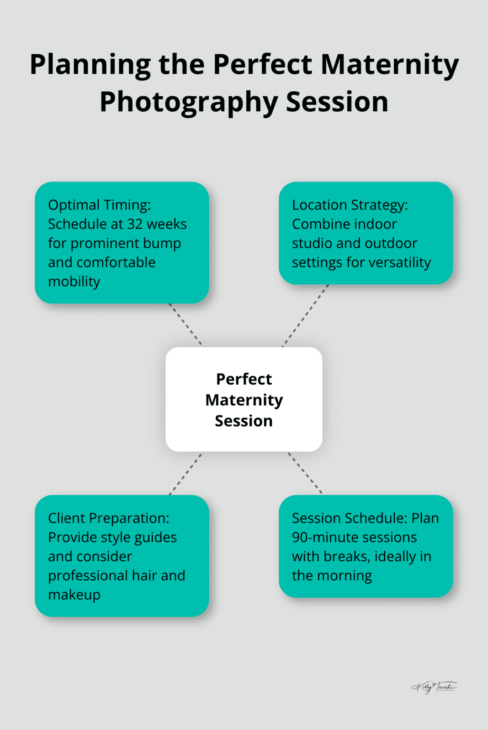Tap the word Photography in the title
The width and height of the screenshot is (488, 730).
click(189, 102)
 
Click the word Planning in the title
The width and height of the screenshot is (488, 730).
click(90, 64)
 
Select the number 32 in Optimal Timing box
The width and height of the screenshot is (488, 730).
click(135, 224)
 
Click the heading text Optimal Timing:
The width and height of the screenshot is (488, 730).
click(99, 205)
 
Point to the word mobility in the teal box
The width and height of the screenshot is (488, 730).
click(74, 282)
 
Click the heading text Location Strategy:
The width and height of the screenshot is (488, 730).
click(350, 205)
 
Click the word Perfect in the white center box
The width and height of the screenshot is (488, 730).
click(244, 379)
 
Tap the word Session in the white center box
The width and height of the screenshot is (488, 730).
click(244, 421)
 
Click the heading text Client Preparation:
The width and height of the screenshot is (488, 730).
click(108, 518)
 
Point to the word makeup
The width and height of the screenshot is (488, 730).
click(74, 595)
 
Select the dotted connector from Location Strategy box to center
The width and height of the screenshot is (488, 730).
click(305, 316)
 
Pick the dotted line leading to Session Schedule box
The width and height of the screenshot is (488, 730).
click(305, 473)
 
